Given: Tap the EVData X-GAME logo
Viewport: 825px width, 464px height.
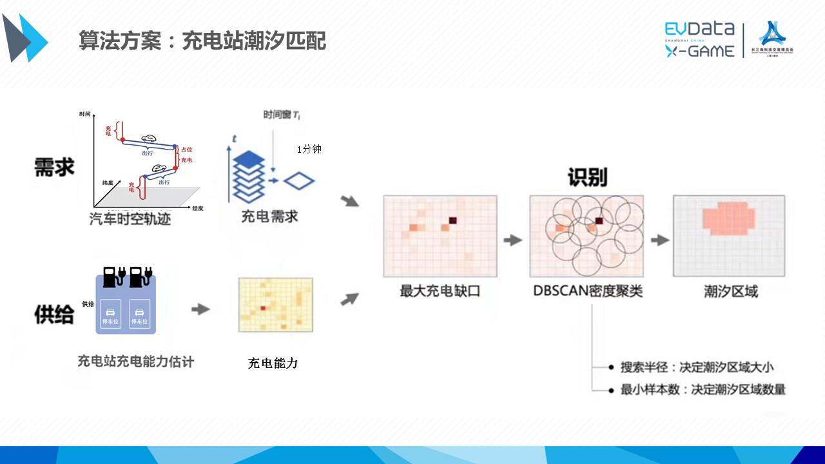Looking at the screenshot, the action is point(699,39).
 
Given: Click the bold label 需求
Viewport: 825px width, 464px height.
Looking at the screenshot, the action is point(54,167).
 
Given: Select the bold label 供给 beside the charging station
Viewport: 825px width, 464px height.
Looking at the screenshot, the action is point(54,314).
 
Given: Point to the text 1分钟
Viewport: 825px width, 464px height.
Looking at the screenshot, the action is point(309,149).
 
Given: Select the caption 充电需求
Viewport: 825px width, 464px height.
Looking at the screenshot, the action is point(269,217).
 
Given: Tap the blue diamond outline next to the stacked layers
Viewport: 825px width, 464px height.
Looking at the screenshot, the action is point(299,180).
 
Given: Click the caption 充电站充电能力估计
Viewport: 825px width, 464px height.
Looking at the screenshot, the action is point(135,361).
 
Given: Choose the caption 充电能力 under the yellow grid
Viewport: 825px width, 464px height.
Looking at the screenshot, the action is point(273,363).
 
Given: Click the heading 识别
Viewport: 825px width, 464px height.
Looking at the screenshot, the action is point(587,177).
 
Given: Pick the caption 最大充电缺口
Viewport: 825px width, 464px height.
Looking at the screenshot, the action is point(440,291).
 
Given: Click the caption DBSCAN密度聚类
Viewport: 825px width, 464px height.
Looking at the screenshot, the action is point(587,291).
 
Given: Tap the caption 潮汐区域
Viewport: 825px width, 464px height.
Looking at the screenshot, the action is point(730,291).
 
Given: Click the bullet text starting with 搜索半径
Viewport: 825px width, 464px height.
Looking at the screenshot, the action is point(697,367).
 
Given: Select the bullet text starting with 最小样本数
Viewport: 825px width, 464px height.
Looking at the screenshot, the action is point(703,389).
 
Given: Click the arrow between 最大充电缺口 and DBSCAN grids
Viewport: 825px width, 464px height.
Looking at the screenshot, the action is point(512,240).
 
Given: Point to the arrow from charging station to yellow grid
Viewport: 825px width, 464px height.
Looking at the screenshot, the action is point(200,309).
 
